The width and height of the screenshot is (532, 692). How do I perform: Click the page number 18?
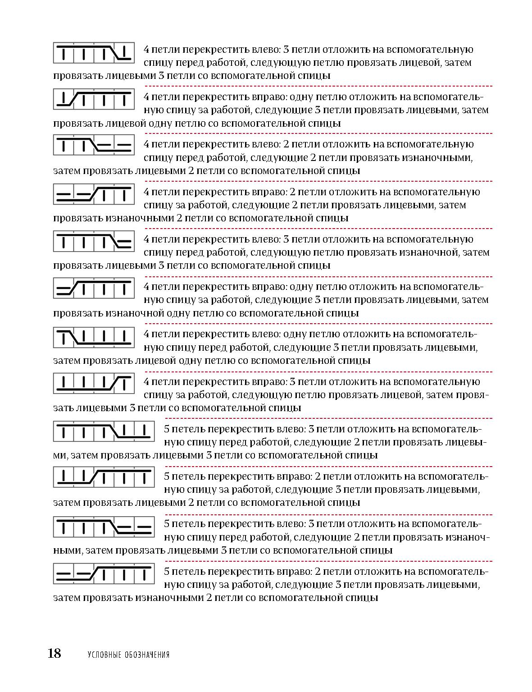click(55, 653)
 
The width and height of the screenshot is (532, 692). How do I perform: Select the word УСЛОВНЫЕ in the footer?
click(103, 655)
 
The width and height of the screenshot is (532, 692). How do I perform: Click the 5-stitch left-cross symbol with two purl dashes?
click(104, 526)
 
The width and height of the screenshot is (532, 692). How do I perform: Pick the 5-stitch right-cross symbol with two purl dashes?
click(104, 573)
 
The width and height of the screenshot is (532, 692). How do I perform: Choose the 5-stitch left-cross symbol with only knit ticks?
click(104, 431)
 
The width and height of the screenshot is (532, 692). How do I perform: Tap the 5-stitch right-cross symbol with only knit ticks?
click(104, 478)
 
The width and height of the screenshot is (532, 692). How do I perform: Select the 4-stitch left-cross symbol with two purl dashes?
click(94, 146)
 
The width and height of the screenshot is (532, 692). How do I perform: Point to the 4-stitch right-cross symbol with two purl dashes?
click(94, 193)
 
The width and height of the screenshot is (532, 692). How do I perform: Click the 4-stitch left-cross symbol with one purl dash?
click(94, 241)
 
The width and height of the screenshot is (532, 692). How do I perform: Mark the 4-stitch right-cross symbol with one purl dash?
click(94, 289)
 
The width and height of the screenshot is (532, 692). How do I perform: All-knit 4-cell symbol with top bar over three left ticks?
click(94, 51)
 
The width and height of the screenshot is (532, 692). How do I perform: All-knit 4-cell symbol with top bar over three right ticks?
click(94, 99)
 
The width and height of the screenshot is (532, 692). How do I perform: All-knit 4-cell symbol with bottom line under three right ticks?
click(94, 336)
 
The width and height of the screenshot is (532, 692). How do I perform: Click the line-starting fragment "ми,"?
click(60, 455)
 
